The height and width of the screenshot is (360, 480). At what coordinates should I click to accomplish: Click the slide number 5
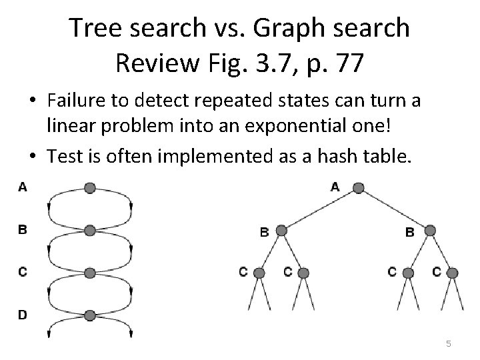(449, 343)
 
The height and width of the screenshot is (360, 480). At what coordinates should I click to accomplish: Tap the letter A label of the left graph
(22, 187)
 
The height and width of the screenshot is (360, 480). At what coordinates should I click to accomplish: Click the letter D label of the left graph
(23, 315)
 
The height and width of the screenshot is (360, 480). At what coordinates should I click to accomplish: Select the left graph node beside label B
(90, 231)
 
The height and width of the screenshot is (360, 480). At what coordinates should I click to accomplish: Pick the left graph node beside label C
(90, 273)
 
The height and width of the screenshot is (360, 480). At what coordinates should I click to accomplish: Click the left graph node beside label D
(90, 315)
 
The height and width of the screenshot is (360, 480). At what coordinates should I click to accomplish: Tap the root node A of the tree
(358, 187)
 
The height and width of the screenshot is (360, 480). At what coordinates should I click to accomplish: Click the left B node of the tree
(281, 231)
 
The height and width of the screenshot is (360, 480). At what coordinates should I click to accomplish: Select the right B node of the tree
(430, 231)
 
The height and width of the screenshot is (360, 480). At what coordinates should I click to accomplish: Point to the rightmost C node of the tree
(453, 273)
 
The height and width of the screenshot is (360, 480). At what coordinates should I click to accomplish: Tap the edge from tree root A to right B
(394, 209)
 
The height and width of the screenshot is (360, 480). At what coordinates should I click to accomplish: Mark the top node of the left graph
(90, 187)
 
